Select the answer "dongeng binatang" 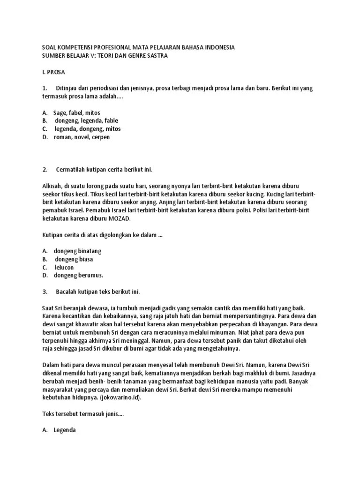pyautogui.click(x=77, y=251)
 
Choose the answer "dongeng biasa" pyautogui.click(x=74, y=259)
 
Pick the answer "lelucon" pyautogui.click(x=64, y=267)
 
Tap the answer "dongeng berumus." pyautogui.click(x=78, y=275)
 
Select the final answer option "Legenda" pyautogui.click(x=65, y=430)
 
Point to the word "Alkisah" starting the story pyautogui.click(x=52, y=186)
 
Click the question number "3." pyautogui.click(x=45, y=292)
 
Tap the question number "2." pyautogui.click(x=45, y=169)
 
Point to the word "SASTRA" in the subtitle pyautogui.click(x=157, y=56)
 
